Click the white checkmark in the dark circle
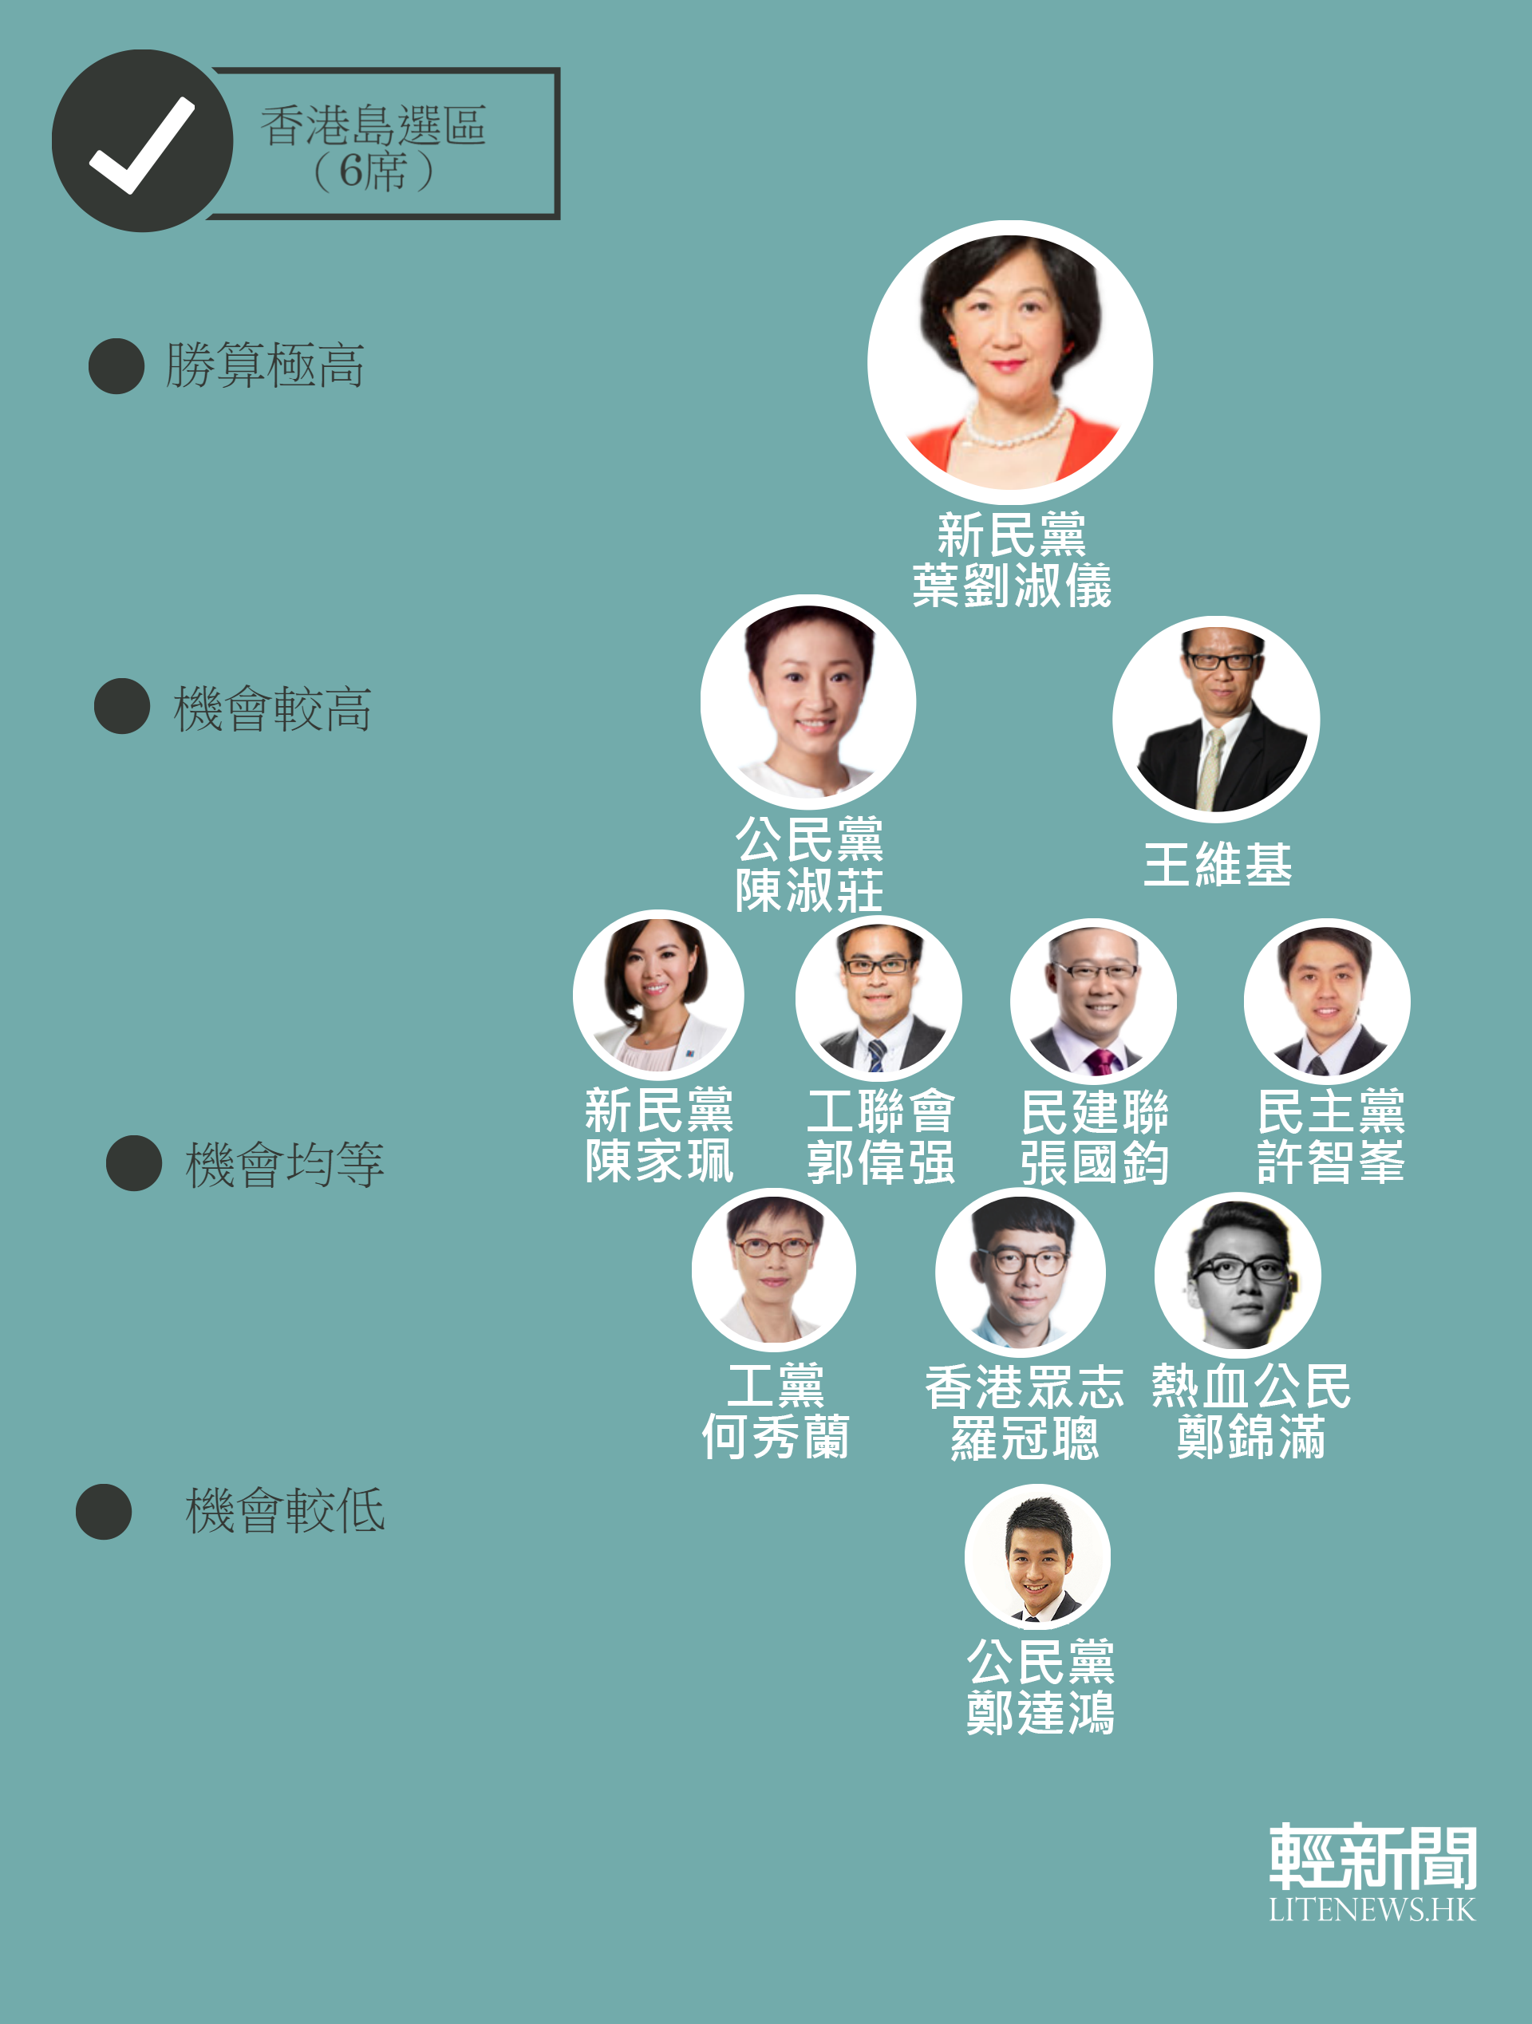(x=142, y=144)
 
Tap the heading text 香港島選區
(x=373, y=125)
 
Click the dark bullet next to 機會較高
(x=122, y=706)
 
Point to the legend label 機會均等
(x=285, y=1164)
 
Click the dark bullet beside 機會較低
(x=104, y=1512)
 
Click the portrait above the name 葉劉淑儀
(x=1010, y=362)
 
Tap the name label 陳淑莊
(x=810, y=890)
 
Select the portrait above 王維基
(x=1216, y=719)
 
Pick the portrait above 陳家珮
(x=658, y=996)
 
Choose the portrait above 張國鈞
(x=1094, y=1002)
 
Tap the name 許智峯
(x=1331, y=1162)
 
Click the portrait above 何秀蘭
(x=774, y=1270)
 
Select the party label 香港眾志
(x=1024, y=1387)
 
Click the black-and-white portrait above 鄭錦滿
(x=1238, y=1275)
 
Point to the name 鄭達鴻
(x=1041, y=1712)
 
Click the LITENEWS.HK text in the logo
(x=1372, y=1911)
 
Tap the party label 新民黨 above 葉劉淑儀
(x=1013, y=535)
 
